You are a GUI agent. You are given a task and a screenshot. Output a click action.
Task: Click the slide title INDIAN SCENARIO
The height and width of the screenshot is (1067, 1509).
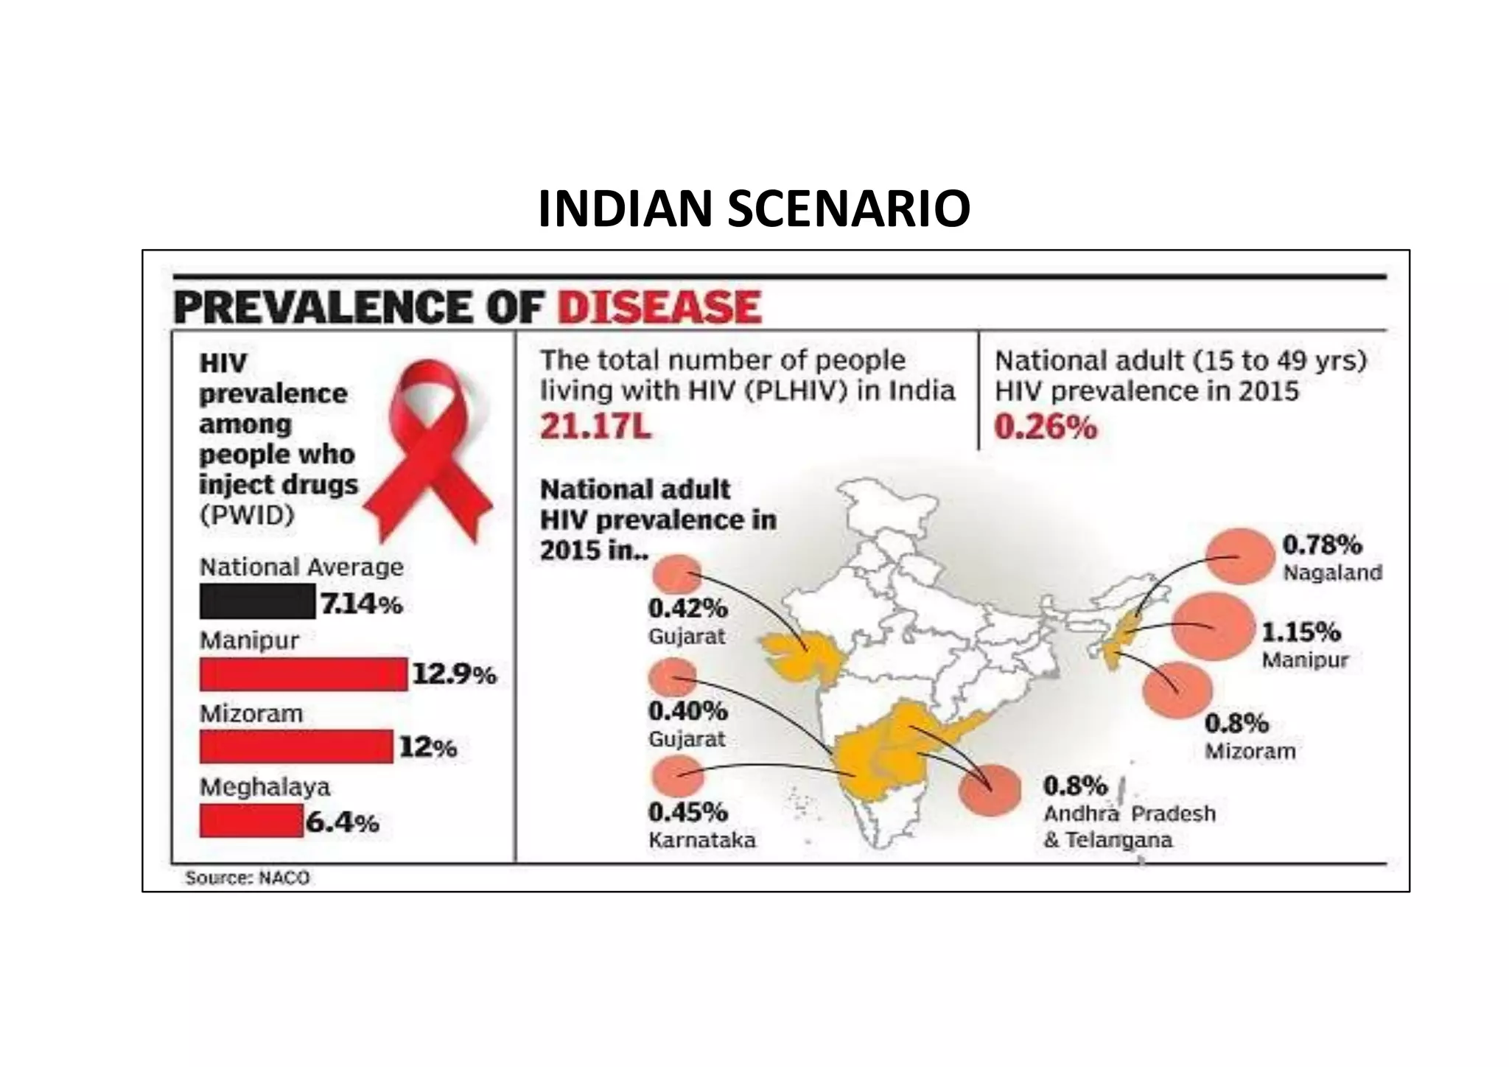tap(754, 209)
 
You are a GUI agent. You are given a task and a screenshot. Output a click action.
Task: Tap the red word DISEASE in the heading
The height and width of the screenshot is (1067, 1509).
tap(659, 307)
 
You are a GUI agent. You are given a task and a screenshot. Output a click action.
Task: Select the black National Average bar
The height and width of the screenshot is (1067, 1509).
tap(257, 601)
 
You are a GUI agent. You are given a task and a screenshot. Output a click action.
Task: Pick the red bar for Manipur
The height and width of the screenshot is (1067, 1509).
tap(303, 674)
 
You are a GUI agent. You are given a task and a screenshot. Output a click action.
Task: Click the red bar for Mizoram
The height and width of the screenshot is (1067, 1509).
tap(295, 746)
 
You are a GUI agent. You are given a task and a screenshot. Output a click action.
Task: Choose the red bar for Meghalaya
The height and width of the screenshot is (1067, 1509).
tap(251, 820)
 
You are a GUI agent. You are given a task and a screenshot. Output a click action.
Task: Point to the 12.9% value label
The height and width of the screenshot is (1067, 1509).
tap(454, 674)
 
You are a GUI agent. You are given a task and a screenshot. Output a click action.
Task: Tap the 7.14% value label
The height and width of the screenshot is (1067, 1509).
tap(361, 604)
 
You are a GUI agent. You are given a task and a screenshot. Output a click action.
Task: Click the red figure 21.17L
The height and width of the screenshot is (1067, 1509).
tap(595, 427)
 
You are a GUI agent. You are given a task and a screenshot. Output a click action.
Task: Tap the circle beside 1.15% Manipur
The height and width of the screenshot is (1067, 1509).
tap(1212, 626)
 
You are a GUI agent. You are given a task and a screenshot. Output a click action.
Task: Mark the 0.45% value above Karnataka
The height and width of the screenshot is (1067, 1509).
tap(687, 812)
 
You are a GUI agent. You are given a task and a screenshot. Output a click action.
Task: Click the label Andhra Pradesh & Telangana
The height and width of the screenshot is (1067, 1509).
tap(1128, 827)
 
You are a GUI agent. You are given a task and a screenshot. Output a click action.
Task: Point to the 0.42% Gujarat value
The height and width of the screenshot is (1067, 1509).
tap(687, 609)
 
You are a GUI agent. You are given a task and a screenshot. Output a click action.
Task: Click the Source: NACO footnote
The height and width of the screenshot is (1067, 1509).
tap(248, 878)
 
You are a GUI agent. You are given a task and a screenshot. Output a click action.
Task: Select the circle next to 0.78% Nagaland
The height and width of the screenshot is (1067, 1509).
tap(1240, 556)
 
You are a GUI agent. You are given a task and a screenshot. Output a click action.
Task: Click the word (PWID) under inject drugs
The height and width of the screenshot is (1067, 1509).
tap(247, 515)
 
